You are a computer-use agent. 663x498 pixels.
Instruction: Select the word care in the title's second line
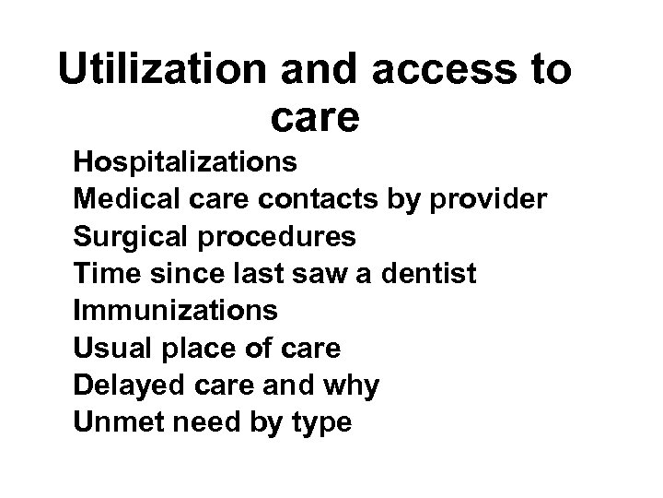[x=316, y=119]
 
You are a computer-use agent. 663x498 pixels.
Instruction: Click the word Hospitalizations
[x=198, y=162]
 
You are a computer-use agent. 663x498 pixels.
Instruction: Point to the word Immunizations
[x=175, y=312]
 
